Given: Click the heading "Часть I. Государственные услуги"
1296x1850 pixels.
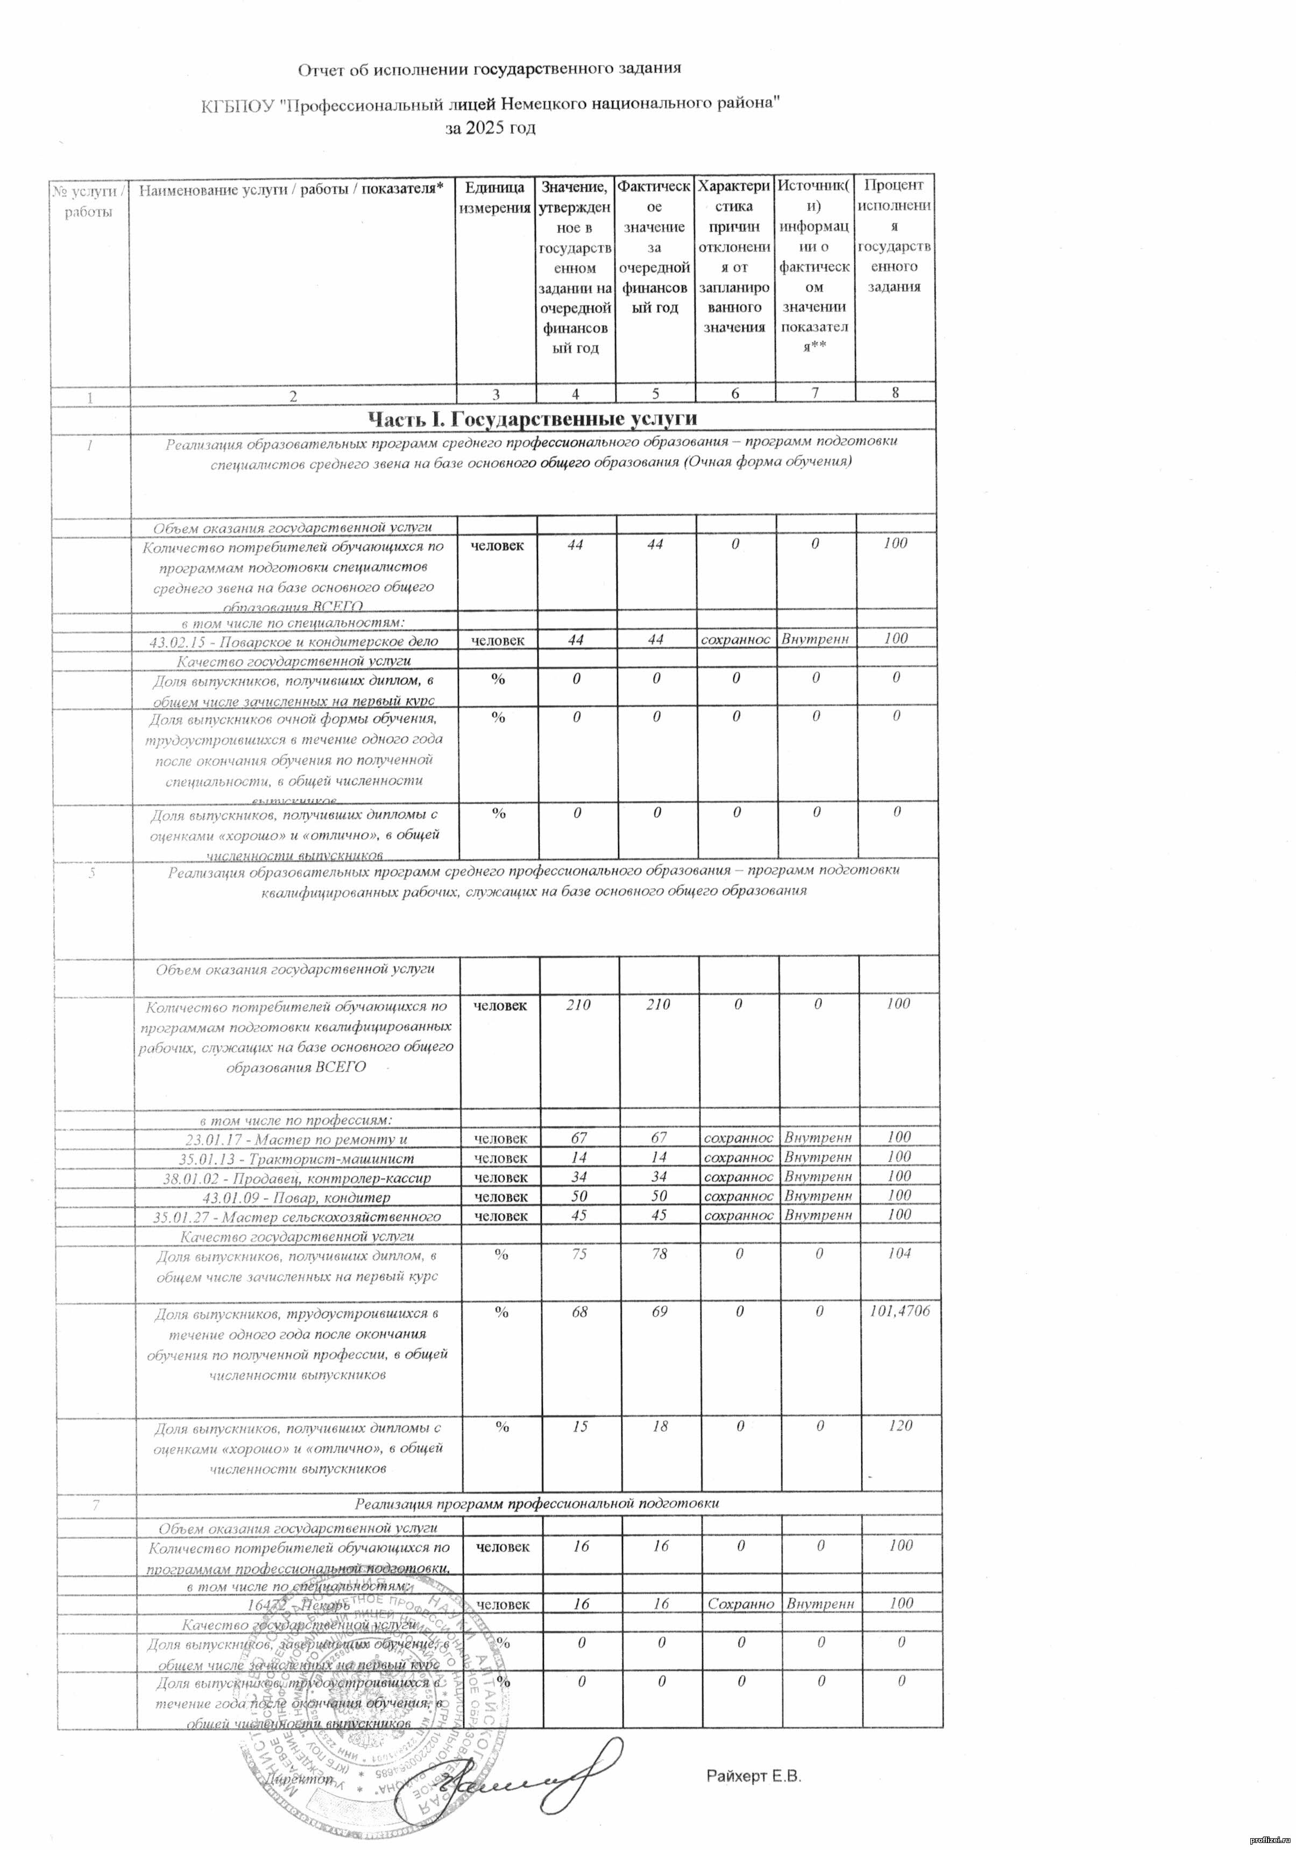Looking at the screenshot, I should (532, 418).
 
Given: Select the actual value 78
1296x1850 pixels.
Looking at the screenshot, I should (660, 1254).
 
